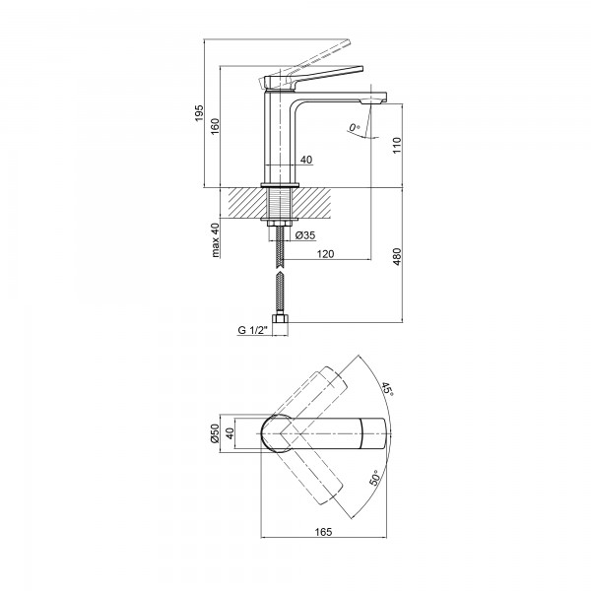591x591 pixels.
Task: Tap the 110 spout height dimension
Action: click(395, 143)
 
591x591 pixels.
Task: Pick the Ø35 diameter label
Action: click(303, 235)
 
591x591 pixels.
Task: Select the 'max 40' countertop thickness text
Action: click(216, 239)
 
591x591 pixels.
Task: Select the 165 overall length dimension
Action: click(325, 532)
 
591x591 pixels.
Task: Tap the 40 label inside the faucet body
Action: click(306, 160)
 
